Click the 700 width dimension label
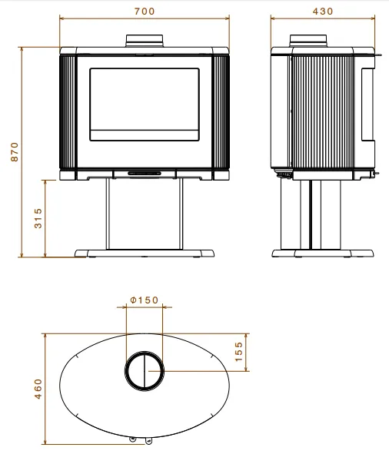click(x=145, y=12)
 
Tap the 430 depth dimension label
click(x=323, y=12)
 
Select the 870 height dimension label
click(x=15, y=152)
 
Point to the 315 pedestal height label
click(x=38, y=218)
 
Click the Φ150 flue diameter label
click(x=145, y=300)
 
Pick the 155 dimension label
click(x=238, y=352)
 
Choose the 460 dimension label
click(x=38, y=389)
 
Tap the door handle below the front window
click(x=145, y=174)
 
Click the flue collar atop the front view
click(x=145, y=41)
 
